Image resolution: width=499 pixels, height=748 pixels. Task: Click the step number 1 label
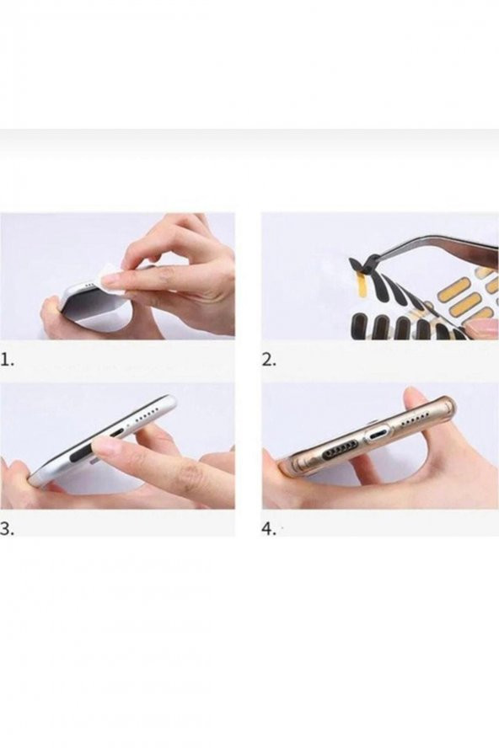tap(6, 361)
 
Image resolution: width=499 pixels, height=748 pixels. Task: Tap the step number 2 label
tap(270, 361)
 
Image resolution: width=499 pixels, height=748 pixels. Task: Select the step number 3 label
tap(7, 528)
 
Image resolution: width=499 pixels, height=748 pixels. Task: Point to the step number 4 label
tap(270, 528)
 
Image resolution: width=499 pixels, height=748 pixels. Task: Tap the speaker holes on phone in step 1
tap(89, 286)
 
